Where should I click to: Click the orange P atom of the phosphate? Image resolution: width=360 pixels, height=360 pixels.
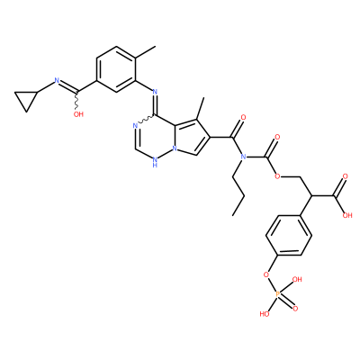pos(277,295)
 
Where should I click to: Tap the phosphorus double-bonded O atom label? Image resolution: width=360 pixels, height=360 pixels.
pos(295,309)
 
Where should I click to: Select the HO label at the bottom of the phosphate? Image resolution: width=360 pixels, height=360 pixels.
pos(264,314)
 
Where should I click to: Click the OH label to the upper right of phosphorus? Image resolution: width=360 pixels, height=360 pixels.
pos(297,280)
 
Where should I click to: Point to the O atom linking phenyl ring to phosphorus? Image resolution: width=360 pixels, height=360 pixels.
pos(265,274)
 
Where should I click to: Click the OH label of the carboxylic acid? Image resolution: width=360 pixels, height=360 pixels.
pos(347,215)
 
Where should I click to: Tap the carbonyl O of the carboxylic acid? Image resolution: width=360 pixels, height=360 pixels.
pos(345,176)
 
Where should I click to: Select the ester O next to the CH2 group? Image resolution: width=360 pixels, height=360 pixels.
pos(277,176)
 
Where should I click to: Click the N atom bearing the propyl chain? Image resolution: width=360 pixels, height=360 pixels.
pos(243,157)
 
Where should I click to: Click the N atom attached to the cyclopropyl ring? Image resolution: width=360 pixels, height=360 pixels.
pos(56,80)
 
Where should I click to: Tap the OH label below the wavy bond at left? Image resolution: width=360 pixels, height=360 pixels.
pos(78,114)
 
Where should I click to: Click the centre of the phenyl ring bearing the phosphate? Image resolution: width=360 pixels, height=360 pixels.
pos(288,235)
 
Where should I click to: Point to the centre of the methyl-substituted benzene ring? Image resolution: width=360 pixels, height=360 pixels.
pos(116,68)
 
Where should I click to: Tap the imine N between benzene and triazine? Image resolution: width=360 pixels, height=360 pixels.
pos(155,91)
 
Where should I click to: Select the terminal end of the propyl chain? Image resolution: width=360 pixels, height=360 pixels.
pos(232,215)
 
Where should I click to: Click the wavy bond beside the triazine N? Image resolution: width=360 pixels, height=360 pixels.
pos(146,120)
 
